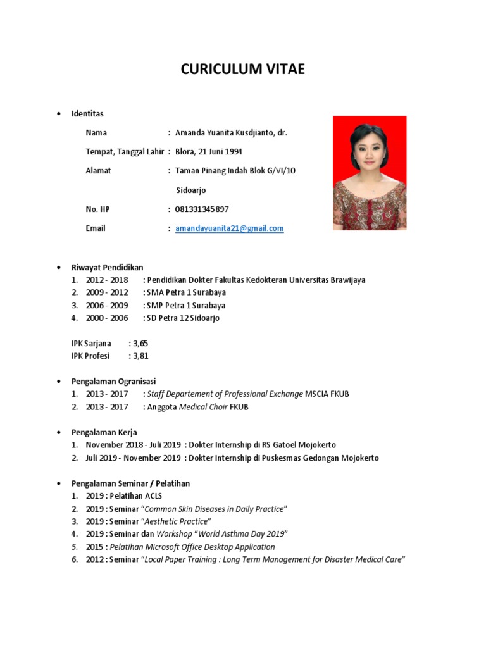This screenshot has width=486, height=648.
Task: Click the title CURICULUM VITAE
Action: click(x=242, y=69)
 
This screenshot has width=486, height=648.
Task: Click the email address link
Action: click(x=229, y=228)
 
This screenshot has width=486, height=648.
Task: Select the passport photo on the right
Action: click(x=370, y=172)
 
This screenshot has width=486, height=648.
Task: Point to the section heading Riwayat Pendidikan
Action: click(x=107, y=267)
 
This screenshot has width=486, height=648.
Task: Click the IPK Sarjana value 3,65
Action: click(x=140, y=343)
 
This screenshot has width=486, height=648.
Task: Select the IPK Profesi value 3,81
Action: click(x=140, y=356)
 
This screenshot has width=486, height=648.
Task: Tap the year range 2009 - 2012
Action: click(x=107, y=292)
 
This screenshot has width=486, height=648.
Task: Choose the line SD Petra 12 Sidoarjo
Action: click(x=184, y=318)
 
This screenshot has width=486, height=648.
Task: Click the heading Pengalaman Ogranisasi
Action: click(x=113, y=381)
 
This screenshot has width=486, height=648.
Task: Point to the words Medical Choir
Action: click(x=203, y=407)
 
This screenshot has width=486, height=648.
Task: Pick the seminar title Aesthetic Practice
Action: click(x=177, y=521)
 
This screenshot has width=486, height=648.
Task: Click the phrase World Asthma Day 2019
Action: click(x=242, y=534)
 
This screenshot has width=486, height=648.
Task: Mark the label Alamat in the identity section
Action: click(x=98, y=171)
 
